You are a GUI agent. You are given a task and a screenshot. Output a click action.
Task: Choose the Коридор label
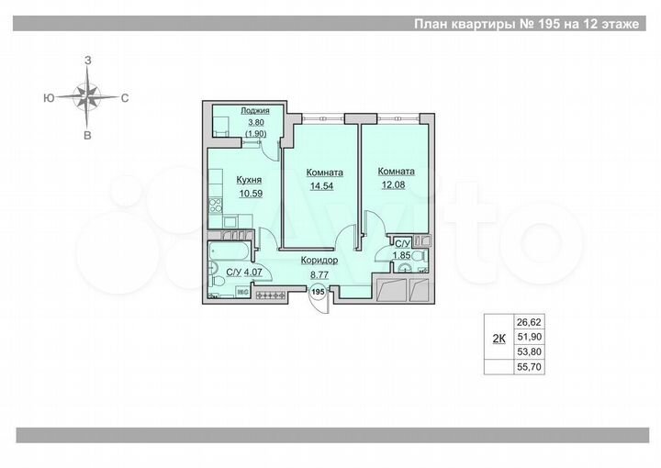(319, 261)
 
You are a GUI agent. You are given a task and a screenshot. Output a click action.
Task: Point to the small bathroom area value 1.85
(401, 255)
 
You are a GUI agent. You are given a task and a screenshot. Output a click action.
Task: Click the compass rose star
(88, 95)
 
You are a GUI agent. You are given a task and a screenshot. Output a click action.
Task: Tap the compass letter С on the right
(124, 96)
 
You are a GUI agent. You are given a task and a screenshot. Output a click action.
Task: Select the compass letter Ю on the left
(47, 96)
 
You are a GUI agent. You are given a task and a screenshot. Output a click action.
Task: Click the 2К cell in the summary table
(499, 339)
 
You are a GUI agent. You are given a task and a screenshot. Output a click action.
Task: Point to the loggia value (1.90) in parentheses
(255, 133)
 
